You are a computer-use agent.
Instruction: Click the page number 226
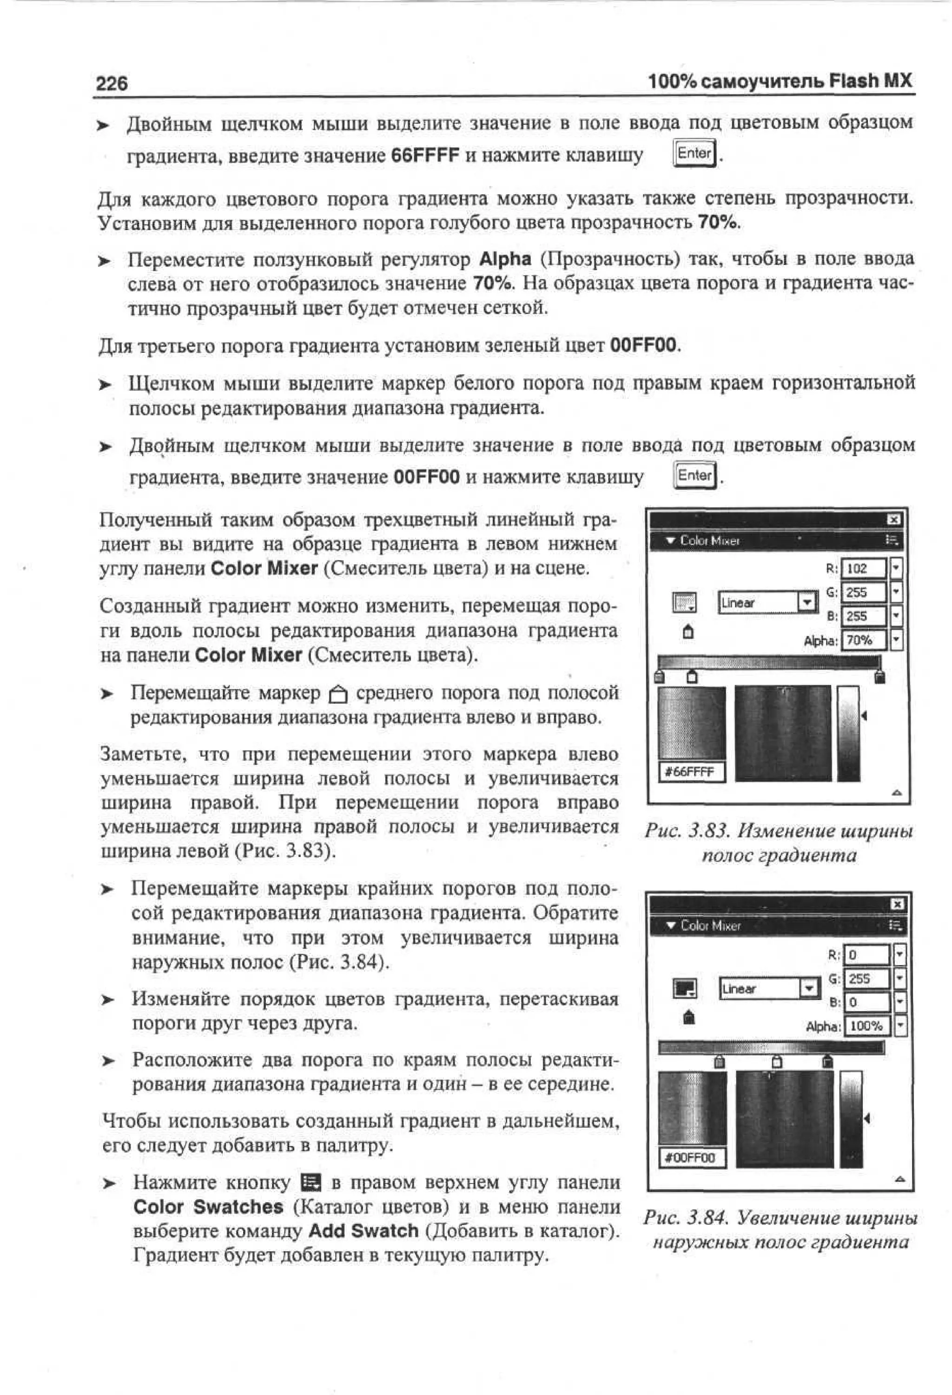point(112,83)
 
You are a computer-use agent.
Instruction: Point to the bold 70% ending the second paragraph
point(717,223)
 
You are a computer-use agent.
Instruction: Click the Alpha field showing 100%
point(867,1026)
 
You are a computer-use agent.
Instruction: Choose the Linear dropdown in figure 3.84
point(769,989)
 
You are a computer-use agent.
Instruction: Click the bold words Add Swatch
point(363,1230)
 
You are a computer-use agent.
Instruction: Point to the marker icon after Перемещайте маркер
point(338,694)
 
